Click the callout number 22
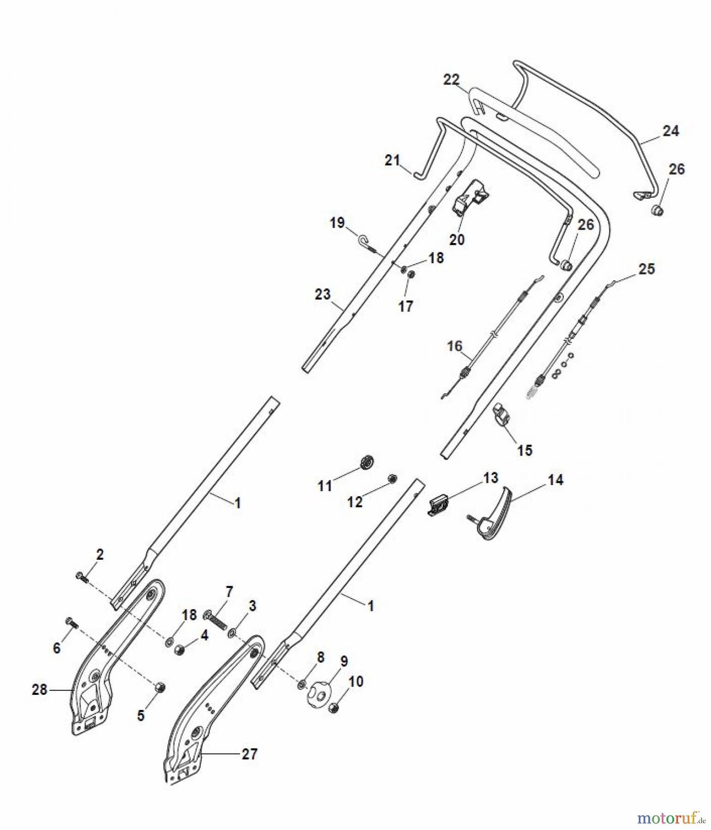click(451, 80)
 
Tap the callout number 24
click(670, 131)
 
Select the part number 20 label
click(457, 240)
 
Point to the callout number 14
click(555, 480)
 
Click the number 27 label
click(249, 754)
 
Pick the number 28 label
click(40, 690)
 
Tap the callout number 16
click(454, 346)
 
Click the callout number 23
click(323, 294)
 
